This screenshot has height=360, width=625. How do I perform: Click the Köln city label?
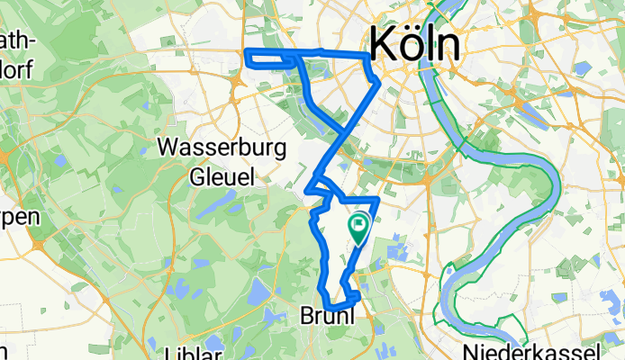[415, 43]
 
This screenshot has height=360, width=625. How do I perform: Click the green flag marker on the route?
[358, 225]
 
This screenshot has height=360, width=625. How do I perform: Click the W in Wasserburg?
[168, 147]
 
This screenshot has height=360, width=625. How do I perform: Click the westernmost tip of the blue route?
[247, 58]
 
